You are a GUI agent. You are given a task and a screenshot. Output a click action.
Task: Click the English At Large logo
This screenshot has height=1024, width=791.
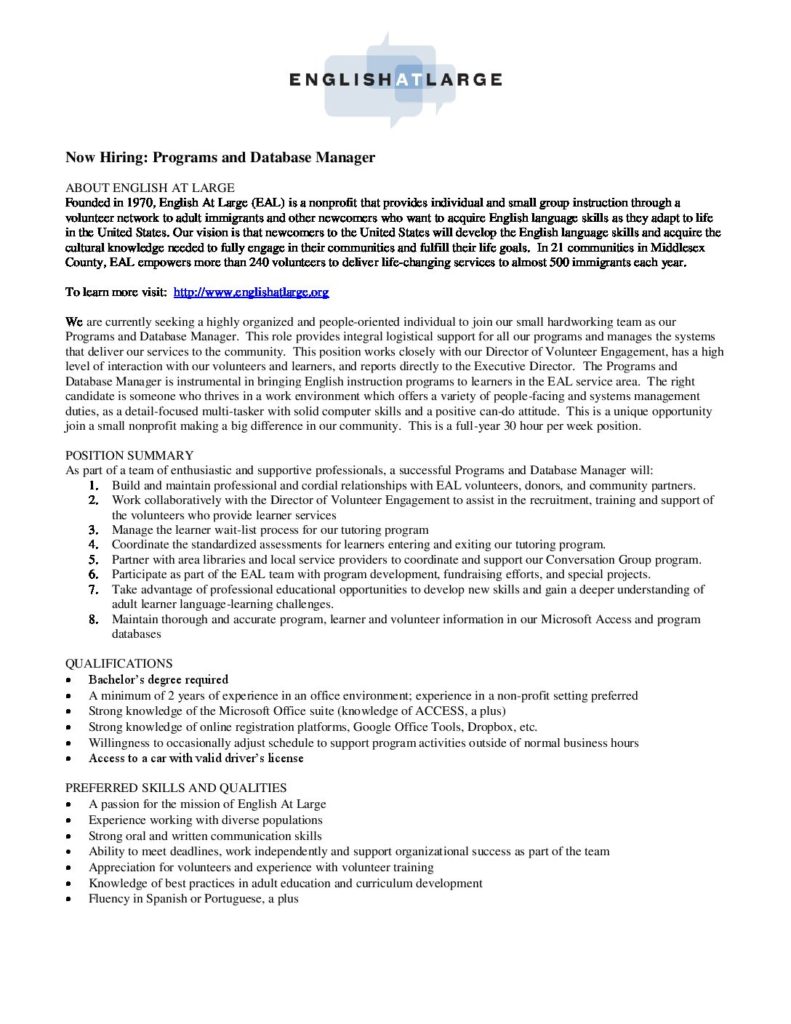pyautogui.click(x=396, y=79)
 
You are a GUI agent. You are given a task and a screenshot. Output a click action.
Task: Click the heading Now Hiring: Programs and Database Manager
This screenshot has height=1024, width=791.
pyautogui.click(x=220, y=157)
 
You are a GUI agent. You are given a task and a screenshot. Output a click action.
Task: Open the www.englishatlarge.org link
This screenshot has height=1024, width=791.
pyautogui.click(x=251, y=292)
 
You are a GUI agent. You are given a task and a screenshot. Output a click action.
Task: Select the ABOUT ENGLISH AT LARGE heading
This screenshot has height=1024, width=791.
pyautogui.click(x=150, y=187)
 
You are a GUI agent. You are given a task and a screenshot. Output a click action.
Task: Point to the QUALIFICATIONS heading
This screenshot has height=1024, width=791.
pyautogui.click(x=119, y=663)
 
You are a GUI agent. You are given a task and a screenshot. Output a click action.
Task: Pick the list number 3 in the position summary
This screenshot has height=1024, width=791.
pyautogui.click(x=92, y=529)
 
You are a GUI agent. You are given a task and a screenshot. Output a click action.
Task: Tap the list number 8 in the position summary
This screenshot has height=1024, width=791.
pyautogui.click(x=92, y=620)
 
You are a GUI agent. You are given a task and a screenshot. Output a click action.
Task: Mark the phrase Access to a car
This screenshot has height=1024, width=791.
pyautogui.click(x=128, y=758)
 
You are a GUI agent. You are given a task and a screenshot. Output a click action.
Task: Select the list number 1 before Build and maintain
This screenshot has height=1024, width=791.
pyautogui.click(x=92, y=484)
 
